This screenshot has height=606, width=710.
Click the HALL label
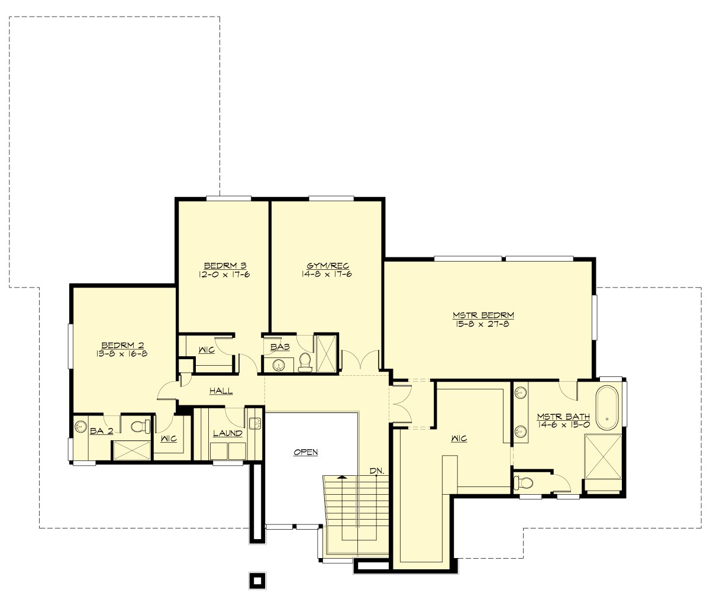[x=221, y=391]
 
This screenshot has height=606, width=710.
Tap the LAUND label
[x=228, y=433]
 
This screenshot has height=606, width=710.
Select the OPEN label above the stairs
[x=306, y=452]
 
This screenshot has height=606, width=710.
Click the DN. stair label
[x=377, y=471]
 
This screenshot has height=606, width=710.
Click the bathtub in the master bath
[x=607, y=408]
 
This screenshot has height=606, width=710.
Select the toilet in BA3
[x=305, y=362]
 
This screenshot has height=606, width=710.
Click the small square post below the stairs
[x=256, y=580]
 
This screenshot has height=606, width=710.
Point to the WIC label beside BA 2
[x=169, y=439]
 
